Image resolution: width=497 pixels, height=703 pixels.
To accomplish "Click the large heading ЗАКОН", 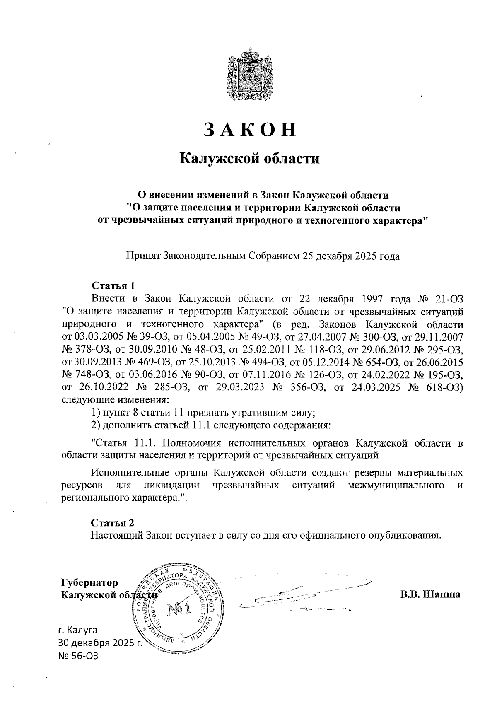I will click(x=250, y=130).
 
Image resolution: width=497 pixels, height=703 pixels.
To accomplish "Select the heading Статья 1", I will click(x=113, y=286).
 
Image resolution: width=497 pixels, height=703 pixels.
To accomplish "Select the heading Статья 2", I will click(x=113, y=522).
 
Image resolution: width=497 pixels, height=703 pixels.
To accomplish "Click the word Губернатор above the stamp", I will click(x=89, y=582).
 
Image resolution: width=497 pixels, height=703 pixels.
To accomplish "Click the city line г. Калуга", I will click(x=78, y=631).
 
